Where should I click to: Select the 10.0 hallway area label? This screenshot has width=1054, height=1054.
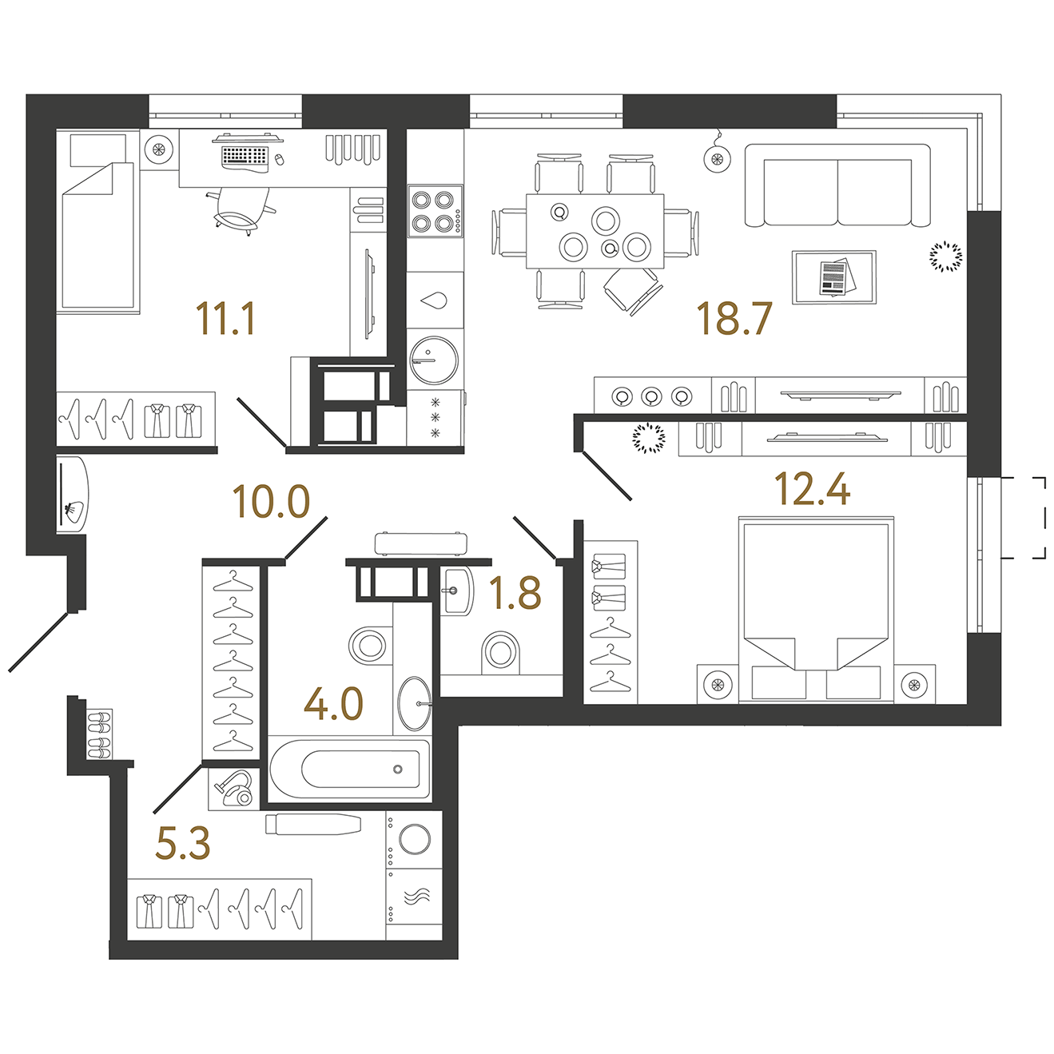(272, 501)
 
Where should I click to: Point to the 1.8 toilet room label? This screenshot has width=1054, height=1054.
(515, 592)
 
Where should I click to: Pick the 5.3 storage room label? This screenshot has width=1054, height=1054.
(183, 843)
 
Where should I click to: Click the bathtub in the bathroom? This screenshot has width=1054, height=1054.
(350, 768)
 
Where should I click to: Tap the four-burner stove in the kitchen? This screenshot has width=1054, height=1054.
(435, 211)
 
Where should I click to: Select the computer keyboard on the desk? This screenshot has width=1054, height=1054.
(245, 155)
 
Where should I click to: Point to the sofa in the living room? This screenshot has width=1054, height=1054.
(837, 185)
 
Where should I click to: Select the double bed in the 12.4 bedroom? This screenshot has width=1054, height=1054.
(816, 609)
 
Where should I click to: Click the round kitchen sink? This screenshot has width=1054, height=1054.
(434, 360)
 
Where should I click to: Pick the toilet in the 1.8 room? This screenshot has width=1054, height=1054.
(500, 653)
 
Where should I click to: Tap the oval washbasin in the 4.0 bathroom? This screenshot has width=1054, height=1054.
(414, 703)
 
